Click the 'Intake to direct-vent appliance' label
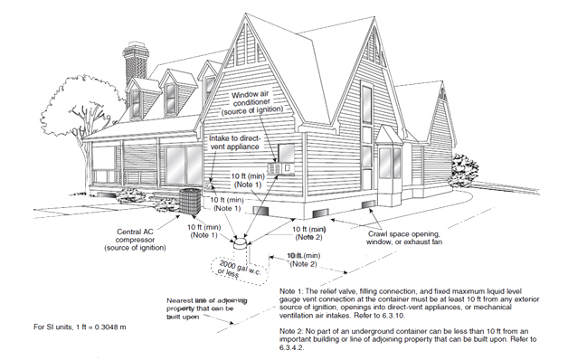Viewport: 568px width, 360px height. coord(234,143)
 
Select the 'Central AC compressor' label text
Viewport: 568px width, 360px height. coord(135,240)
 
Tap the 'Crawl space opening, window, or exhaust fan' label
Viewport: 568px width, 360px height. coord(403,238)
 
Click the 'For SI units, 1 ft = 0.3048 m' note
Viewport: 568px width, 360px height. coord(80,327)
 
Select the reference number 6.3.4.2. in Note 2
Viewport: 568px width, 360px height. coord(291,347)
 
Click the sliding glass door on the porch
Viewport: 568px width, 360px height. coord(184,166)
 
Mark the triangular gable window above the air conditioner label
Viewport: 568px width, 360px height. coord(246,45)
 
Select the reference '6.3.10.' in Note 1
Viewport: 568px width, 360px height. coord(392,315)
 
